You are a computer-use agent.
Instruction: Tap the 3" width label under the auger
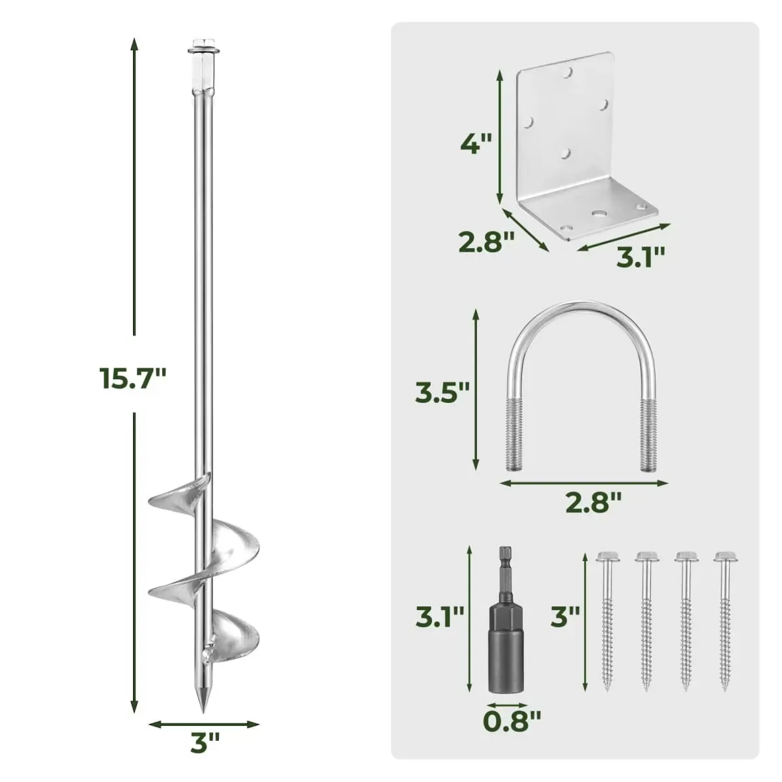click(205, 743)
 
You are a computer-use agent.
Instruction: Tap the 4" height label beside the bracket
click(475, 143)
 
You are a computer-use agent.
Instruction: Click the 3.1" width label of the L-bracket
click(641, 256)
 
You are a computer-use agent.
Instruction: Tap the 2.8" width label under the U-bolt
click(593, 502)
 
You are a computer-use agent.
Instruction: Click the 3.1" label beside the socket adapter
click(440, 617)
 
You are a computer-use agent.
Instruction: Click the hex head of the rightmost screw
click(725, 558)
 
